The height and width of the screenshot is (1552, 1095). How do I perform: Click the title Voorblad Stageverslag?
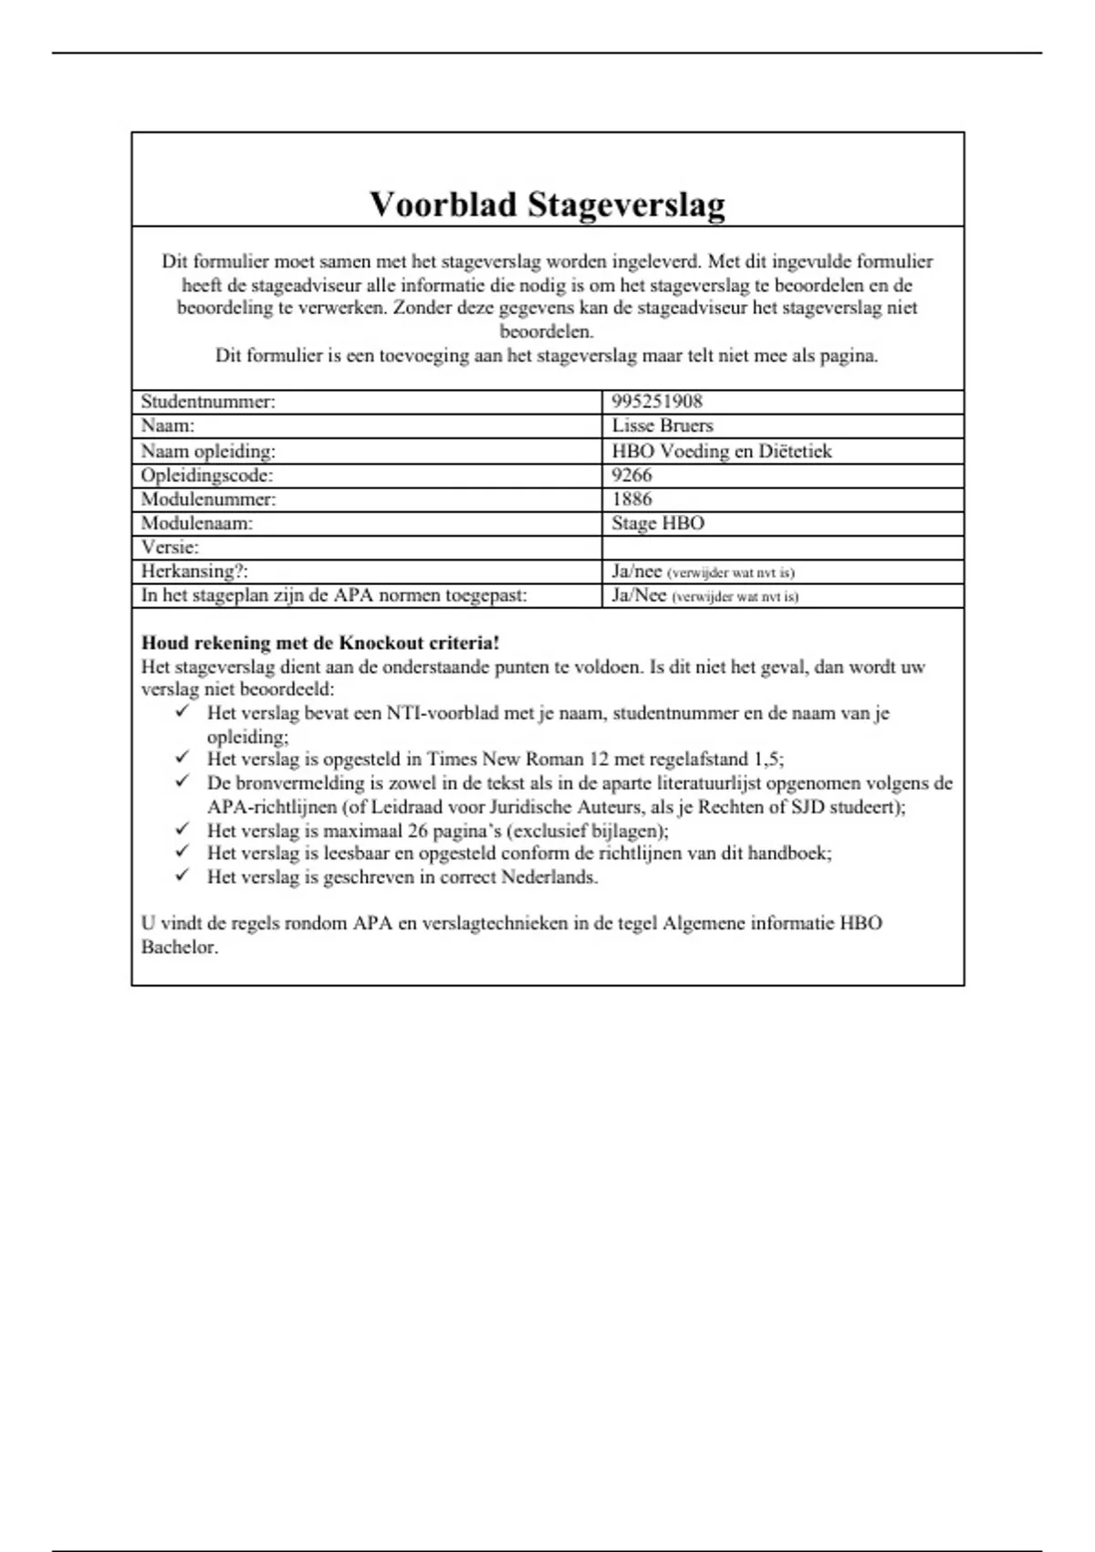coord(547,204)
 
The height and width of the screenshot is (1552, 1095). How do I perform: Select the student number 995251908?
coord(657,402)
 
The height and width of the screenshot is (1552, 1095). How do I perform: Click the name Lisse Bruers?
coord(662,425)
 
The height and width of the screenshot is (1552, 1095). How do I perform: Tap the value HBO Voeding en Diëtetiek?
coord(722,451)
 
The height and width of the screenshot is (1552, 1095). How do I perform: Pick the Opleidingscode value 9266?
coord(631,475)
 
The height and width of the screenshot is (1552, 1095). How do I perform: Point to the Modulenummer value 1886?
coord(631,499)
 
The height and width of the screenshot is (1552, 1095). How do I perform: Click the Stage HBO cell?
coord(658,523)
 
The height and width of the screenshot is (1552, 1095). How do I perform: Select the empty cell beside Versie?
coord(782,547)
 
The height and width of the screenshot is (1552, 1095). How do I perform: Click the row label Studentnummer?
coord(208,402)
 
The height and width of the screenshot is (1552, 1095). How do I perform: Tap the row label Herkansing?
coord(194,572)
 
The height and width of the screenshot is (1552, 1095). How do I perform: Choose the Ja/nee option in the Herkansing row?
coord(637,572)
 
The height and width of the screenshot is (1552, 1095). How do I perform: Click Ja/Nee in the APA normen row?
coord(639,595)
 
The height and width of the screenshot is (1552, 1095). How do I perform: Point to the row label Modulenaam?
coord(197,523)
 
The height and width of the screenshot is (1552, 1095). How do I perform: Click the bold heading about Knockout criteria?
coord(320,643)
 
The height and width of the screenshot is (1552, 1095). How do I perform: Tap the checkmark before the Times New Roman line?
coord(183,757)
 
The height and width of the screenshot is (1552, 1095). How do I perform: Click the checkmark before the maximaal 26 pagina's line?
coord(183,828)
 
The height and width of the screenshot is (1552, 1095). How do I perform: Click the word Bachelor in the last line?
coord(180,947)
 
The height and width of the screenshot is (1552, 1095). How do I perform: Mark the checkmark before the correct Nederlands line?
coord(183,875)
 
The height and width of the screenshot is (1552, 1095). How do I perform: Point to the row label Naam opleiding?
coord(208,451)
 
